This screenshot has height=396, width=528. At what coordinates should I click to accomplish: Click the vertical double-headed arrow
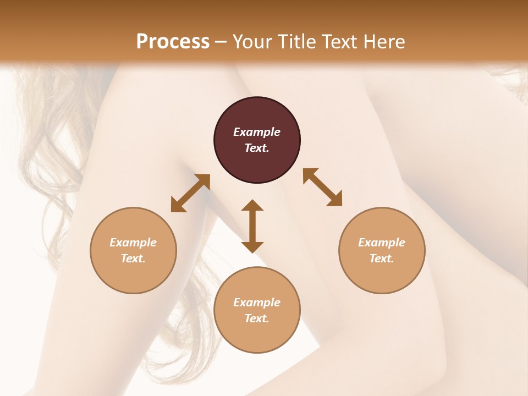pos(252,226)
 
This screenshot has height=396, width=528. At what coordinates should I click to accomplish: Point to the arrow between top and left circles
pos(190,193)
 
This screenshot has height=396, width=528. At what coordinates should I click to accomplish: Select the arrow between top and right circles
pos(322,187)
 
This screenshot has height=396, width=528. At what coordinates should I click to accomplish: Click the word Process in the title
pos(173,41)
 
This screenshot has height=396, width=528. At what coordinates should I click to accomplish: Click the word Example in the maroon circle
pos(257,132)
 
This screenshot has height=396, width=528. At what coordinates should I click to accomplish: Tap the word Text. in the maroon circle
pos(257,148)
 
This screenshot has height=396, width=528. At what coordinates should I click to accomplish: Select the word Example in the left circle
pos(133,243)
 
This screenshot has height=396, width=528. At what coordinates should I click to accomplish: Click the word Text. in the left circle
pos(133,258)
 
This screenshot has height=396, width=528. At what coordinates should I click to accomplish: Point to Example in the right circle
pos(382,243)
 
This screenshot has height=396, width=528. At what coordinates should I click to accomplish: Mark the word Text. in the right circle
pos(382,258)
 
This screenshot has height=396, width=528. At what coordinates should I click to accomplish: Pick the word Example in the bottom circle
pos(257,302)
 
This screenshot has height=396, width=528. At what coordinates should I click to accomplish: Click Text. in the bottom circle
pos(257,318)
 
